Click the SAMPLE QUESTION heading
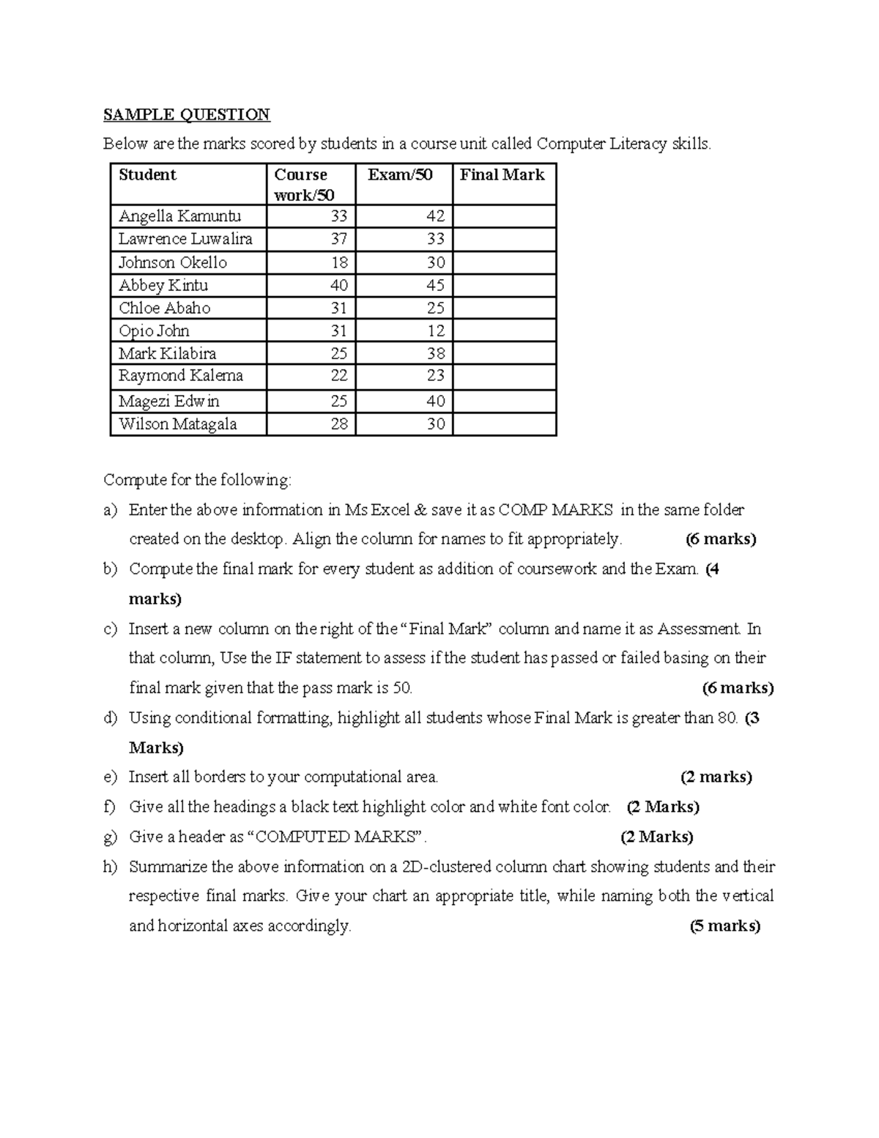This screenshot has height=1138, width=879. pyautogui.click(x=186, y=114)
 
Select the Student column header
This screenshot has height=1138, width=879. pyautogui.click(x=147, y=174)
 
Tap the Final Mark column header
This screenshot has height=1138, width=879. pyautogui.click(x=502, y=174)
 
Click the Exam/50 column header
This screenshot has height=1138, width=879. pyautogui.click(x=400, y=174)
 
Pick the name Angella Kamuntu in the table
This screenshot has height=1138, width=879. pyautogui.click(x=179, y=216)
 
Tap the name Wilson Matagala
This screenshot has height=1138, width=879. pyautogui.click(x=177, y=424)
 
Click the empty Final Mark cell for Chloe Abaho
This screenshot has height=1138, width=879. pyautogui.click(x=504, y=308)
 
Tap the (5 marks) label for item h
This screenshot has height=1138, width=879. pyautogui.click(x=724, y=926)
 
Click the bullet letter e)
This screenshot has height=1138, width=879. pyautogui.click(x=111, y=777)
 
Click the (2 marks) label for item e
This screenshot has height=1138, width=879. pyautogui.click(x=716, y=777)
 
